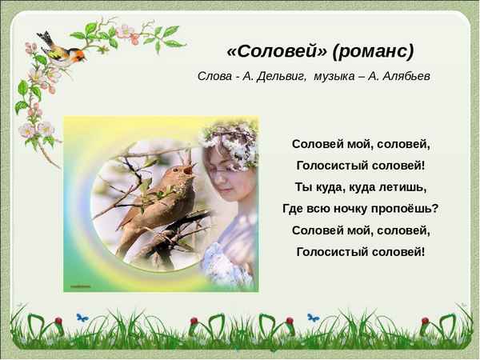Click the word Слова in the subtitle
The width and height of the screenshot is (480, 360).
pyautogui.click(x=214, y=76)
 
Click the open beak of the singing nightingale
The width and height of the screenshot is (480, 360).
pyautogui.click(x=190, y=168)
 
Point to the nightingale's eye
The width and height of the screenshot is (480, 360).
pyautogui.click(x=178, y=174)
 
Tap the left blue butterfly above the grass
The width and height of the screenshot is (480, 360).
pyautogui.click(x=81, y=318)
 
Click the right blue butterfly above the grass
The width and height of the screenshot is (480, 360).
pyautogui.click(x=313, y=318)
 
